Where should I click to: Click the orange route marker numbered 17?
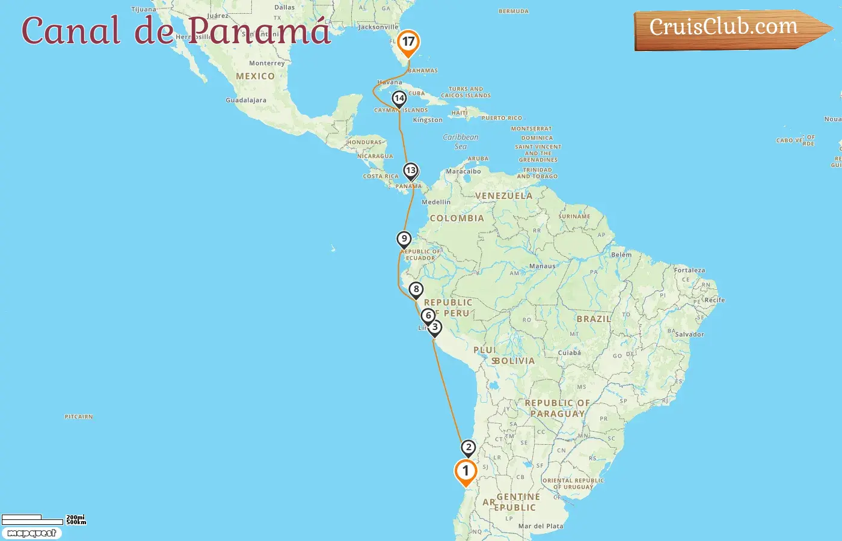[408, 42]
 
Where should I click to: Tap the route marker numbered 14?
[399, 99]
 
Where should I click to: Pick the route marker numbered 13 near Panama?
[411, 171]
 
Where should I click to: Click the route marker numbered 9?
[404, 239]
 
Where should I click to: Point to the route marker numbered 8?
[416, 290]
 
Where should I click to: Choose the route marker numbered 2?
[469, 448]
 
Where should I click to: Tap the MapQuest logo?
[31, 533]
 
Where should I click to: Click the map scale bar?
[33, 519]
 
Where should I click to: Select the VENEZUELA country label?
[503, 196]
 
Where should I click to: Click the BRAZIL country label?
[594, 319]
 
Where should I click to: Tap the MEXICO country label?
[255, 76]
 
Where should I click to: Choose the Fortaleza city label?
[689, 270]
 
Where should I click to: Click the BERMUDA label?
[514, 11]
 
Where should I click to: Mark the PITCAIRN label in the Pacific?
[79, 417]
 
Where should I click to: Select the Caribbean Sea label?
[461, 141]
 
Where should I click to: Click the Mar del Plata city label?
[541, 526]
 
